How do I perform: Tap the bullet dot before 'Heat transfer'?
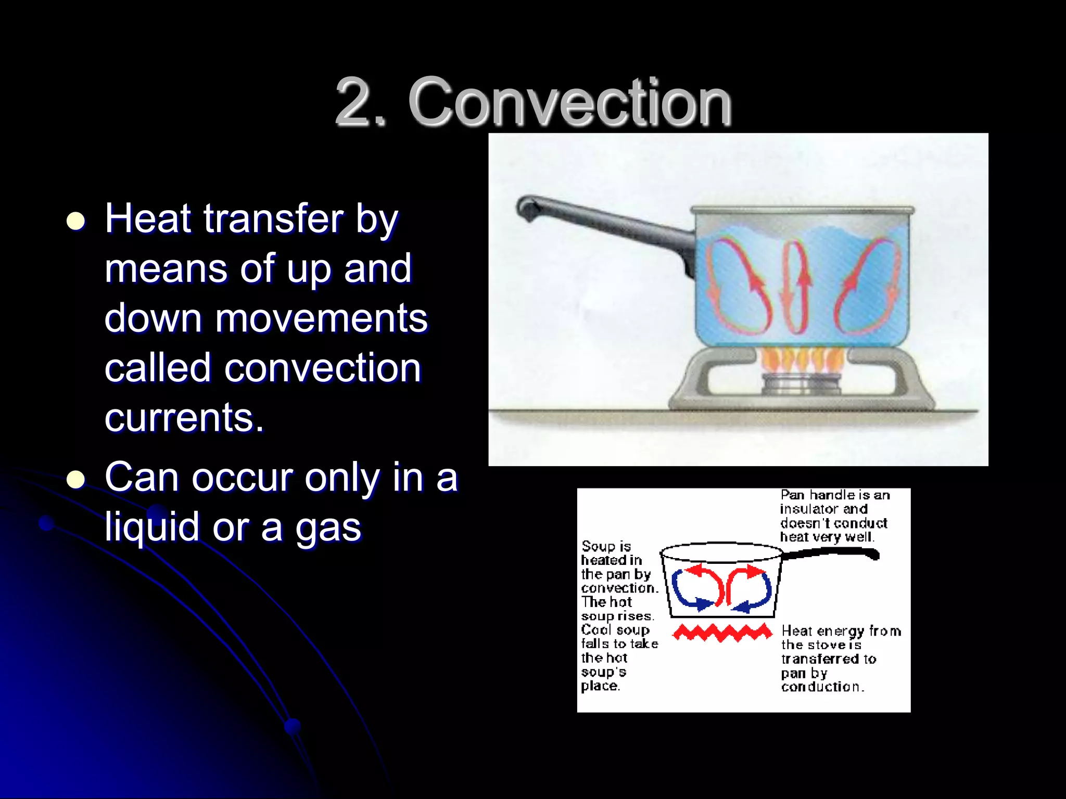click(76, 221)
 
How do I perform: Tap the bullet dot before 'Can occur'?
click(76, 479)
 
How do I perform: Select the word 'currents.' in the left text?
click(184, 418)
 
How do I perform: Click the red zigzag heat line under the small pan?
click(722, 633)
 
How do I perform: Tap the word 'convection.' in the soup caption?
click(619, 588)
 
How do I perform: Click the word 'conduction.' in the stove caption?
click(822, 687)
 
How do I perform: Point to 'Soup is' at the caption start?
click(606, 546)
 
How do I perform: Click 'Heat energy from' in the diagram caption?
click(841, 631)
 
